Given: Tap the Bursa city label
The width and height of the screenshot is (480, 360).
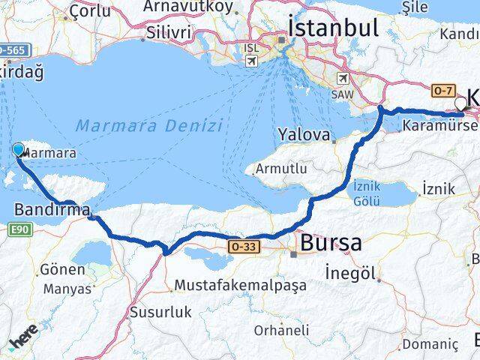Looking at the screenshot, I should pyautogui.click(x=331, y=243).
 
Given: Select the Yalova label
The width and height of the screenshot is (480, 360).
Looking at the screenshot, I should pyautogui.click(x=304, y=136).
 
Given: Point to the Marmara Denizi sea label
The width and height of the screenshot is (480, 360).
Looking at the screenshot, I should pyautogui.click(x=150, y=126).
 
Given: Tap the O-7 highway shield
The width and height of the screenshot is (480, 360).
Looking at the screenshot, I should pyautogui.click(x=441, y=90).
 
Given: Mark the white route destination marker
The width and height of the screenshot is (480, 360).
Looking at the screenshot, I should pyautogui.click(x=460, y=103).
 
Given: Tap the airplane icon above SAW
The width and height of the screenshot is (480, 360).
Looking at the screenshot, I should pyautogui.click(x=343, y=78).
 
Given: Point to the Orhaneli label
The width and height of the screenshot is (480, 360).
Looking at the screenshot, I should pyautogui.click(x=281, y=329).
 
